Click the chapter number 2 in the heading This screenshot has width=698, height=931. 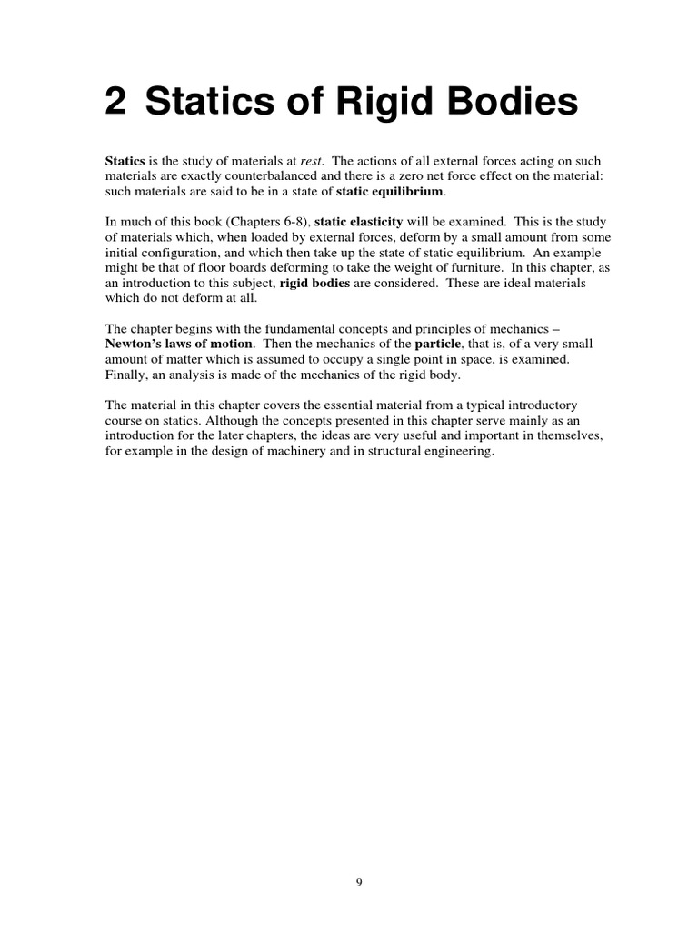coord(115,104)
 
